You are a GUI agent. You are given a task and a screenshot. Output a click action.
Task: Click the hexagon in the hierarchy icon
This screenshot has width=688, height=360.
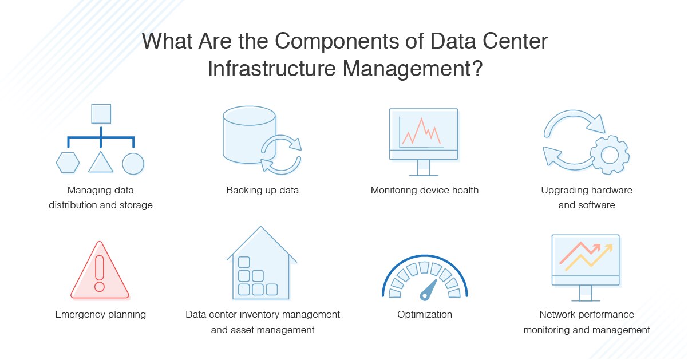[x=68, y=163]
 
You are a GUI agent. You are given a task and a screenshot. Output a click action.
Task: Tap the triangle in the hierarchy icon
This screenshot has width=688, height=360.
[x=101, y=163]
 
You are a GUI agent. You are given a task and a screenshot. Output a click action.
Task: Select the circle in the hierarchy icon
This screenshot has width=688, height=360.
[x=133, y=163]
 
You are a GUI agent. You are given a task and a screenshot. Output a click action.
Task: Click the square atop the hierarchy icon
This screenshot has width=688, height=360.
[x=101, y=113]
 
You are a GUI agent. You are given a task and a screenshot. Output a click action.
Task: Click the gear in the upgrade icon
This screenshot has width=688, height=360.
[x=610, y=155]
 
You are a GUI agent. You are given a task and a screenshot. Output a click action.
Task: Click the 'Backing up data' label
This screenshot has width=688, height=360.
[x=263, y=190]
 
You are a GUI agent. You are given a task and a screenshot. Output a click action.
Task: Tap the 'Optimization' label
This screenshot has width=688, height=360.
[x=425, y=314]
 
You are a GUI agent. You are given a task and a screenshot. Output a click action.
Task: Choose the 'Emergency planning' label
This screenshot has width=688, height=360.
[x=101, y=314]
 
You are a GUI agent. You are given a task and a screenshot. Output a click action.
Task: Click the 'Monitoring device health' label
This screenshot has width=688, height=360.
[x=425, y=190]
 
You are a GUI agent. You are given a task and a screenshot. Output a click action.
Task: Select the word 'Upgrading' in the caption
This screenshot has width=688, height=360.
[x=563, y=190]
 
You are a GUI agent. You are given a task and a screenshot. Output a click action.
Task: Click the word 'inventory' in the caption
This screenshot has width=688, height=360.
[x=272, y=314]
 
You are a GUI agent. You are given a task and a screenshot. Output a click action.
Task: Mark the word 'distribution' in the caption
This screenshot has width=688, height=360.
[x=76, y=205]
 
